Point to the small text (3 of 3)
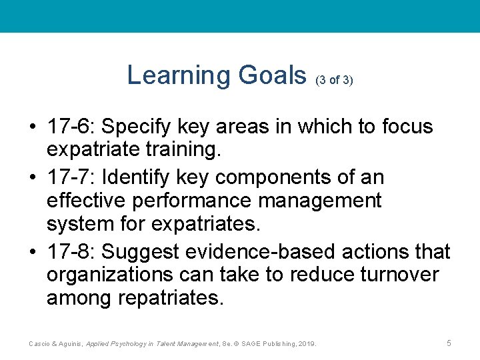333,79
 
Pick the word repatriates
170,297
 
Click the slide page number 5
449,343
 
